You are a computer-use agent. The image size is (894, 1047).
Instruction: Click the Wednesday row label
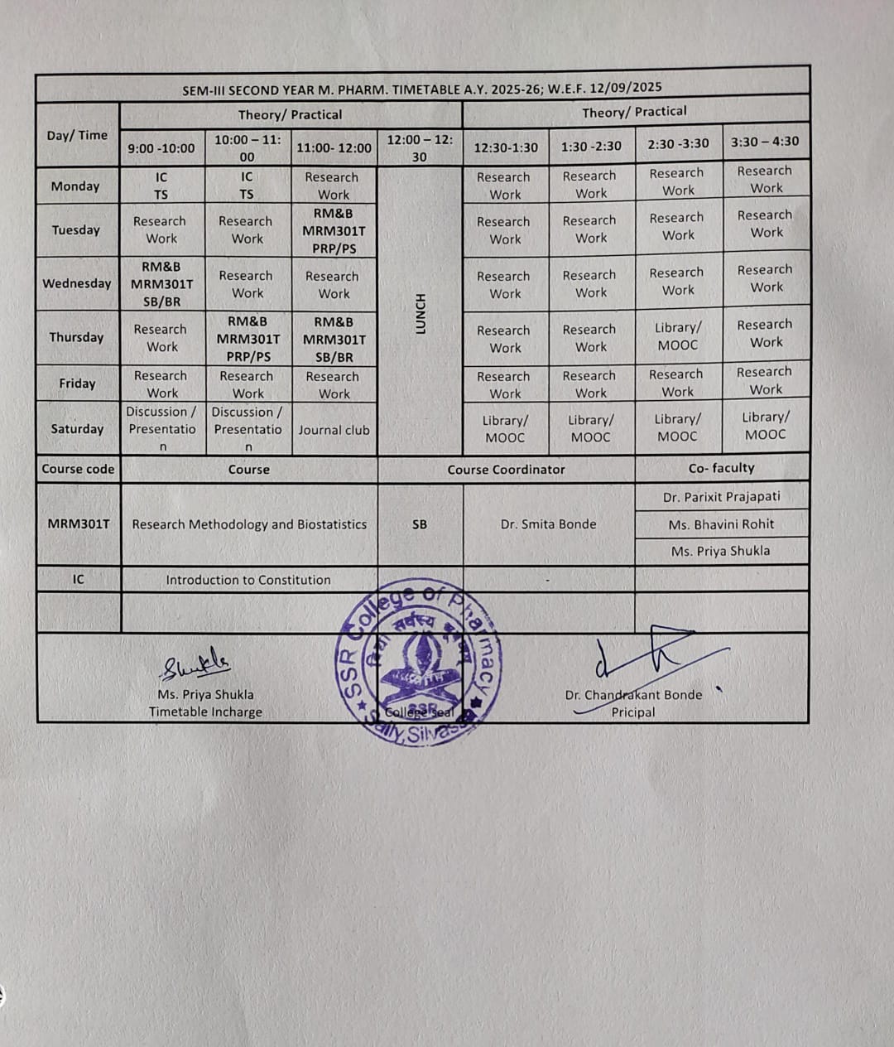click(77, 283)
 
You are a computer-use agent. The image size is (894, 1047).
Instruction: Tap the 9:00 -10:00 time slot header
click(161, 148)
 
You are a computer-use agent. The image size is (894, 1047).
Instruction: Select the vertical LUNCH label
click(420, 314)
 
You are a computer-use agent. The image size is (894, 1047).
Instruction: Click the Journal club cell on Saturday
click(334, 430)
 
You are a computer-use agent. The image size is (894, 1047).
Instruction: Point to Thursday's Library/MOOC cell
click(678, 336)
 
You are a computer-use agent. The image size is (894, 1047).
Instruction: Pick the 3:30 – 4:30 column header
click(765, 142)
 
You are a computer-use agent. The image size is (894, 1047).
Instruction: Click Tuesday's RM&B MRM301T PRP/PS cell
click(334, 231)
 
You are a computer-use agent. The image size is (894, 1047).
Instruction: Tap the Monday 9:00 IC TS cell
click(161, 186)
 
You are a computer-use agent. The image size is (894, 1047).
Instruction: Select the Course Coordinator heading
click(506, 470)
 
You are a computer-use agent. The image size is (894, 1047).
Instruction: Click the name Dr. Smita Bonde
click(548, 524)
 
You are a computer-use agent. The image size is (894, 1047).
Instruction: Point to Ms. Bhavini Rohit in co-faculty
click(721, 524)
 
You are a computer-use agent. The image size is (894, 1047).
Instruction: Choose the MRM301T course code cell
click(79, 524)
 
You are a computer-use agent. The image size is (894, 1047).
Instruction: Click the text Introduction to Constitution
click(248, 581)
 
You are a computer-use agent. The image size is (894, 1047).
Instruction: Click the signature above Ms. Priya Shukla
click(196, 664)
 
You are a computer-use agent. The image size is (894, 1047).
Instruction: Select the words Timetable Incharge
click(205, 712)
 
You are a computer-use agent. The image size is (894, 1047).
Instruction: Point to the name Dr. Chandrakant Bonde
click(633, 695)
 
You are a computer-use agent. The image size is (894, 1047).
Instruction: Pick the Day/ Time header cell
click(77, 135)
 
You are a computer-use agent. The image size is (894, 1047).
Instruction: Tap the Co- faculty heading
click(721, 468)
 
